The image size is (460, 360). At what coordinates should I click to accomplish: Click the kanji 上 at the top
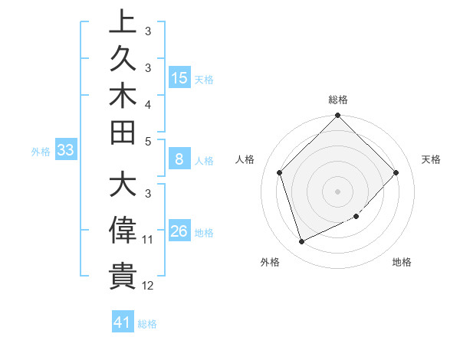point(123,22)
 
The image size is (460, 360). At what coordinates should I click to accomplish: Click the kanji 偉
point(123,231)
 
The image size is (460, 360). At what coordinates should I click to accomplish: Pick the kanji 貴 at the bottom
point(123,276)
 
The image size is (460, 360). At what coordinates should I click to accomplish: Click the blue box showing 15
point(179,77)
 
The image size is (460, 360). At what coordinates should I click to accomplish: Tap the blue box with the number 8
point(179,159)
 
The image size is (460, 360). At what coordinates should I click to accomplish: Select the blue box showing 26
point(179,231)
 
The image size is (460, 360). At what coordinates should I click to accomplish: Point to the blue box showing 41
point(123,322)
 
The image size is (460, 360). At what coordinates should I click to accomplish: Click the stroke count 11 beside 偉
point(148,241)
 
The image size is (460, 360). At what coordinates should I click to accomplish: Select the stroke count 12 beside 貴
point(148,286)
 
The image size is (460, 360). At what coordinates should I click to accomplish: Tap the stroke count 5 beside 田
point(148,141)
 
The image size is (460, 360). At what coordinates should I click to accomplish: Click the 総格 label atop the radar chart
point(337,100)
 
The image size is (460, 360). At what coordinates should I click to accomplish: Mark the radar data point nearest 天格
point(396,172)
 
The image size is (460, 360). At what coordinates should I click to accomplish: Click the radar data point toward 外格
point(301,241)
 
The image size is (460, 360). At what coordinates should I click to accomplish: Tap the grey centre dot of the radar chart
point(337,191)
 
